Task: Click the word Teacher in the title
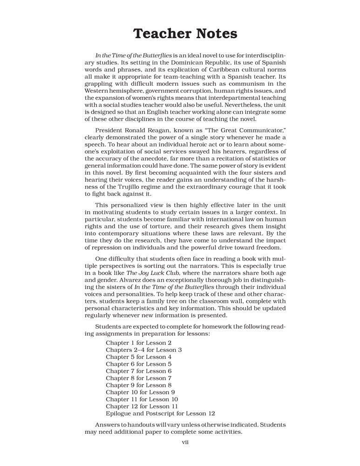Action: (x=160, y=34)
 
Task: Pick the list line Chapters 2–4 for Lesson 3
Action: (x=144, y=349)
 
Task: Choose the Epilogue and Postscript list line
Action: (x=160, y=413)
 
